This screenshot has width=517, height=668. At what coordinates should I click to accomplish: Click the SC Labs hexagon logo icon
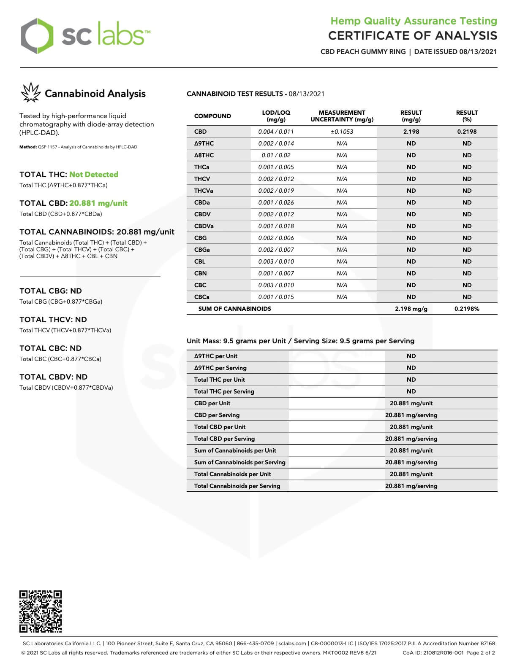click(x=38, y=36)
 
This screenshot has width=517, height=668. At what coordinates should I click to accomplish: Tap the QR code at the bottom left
click(x=41, y=611)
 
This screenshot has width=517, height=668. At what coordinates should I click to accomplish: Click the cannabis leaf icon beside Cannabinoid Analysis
click(x=30, y=93)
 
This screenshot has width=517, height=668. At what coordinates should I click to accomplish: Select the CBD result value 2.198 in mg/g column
click(x=411, y=132)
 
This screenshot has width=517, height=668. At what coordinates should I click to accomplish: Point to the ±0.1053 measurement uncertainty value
click(x=342, y=132)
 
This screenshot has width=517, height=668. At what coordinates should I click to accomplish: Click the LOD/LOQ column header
click(x=276, y=116)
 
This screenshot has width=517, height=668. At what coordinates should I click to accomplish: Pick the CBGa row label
click(x=202, y=250)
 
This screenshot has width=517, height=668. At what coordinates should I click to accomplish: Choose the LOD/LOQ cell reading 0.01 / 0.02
click(x=276, y=155)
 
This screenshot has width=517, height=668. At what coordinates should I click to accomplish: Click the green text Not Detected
click(x=94, y=175)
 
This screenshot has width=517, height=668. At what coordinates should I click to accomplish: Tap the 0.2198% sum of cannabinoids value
click(x=467, y=309)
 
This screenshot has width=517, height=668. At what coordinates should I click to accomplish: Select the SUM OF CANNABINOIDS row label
click(x=234, y=309)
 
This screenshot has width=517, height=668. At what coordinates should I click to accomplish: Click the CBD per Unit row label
click(x=212, y=403)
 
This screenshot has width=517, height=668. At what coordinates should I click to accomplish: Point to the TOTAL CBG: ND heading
click(x=51, y=291)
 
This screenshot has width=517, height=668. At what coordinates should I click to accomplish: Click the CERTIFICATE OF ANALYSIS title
click(x=412, y=36)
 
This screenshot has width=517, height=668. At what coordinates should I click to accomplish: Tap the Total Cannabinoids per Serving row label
click(x=237, y=486)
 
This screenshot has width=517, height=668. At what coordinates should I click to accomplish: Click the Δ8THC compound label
click(x=204, y=155)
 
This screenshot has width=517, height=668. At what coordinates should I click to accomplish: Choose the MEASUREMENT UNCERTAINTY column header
click(x=342, y=116)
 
